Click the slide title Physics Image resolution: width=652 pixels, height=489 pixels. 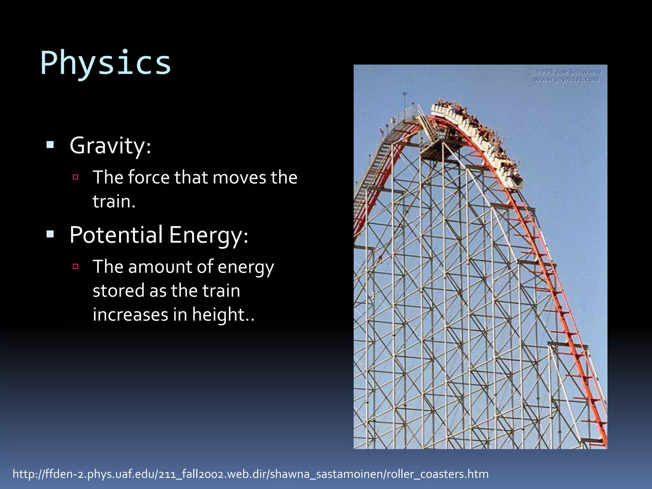pos(106,63)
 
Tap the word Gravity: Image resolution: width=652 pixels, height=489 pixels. pos(110,146)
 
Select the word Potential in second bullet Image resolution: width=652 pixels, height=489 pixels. pos(116,235)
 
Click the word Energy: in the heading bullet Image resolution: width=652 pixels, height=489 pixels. pos(208,236)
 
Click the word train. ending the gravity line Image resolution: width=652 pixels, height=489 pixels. pos(114,202)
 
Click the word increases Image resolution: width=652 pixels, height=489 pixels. pos(130,315)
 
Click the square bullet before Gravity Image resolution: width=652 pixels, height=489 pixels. pos(50,145)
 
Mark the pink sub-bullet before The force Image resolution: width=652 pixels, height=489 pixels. pos(75,177)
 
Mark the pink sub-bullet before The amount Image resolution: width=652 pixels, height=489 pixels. pos(75,266)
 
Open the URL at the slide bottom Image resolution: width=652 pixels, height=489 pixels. pos(251,474)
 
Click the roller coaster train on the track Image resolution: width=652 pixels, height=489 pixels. pos(474,137)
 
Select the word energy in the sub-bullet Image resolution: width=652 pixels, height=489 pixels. pos(245,267)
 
